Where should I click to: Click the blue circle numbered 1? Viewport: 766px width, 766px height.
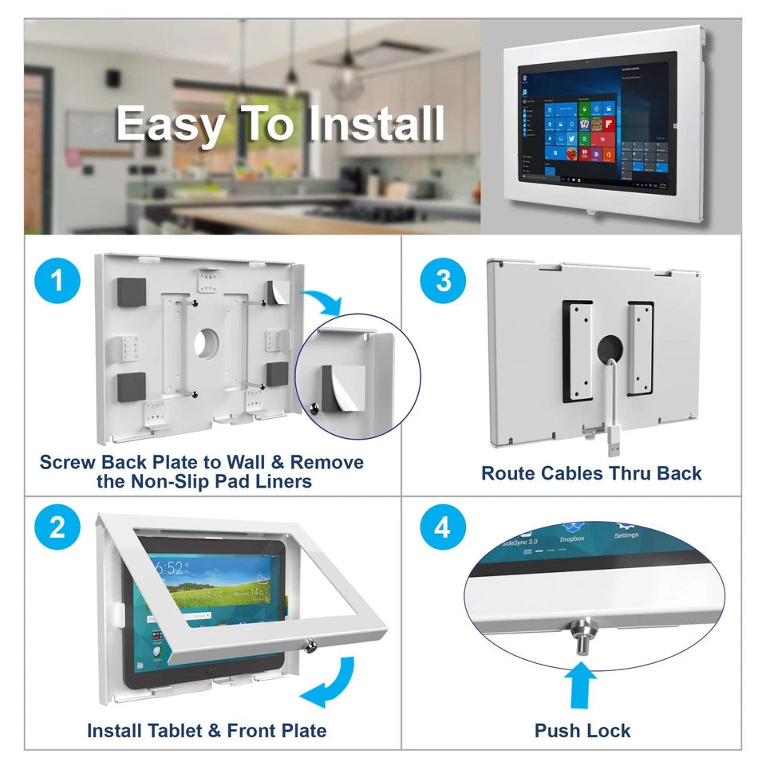[57, 282]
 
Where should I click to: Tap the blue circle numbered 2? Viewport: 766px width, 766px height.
[57, 527]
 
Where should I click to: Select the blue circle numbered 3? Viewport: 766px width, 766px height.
[443, 282]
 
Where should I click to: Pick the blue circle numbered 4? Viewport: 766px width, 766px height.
[443, 527]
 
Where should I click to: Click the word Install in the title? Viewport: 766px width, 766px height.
[376, 124]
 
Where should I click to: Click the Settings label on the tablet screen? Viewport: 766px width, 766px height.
[626, 535]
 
